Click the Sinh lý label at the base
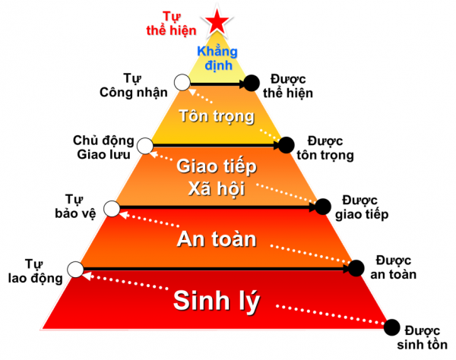click(x=217, y=300)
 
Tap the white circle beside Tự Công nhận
click(x=181, y=83)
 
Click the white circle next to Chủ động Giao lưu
click(x=147, y=142)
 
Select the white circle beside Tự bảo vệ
click(x=112, y=207)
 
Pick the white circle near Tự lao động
click(x=75, y=269)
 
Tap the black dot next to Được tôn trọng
click(x=287, y=144)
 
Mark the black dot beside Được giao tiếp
click(x=322, y=206)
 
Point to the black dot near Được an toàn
click(x=356, y=267)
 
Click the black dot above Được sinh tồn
click(x=392, y=327)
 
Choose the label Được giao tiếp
click(x=361, y=207)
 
